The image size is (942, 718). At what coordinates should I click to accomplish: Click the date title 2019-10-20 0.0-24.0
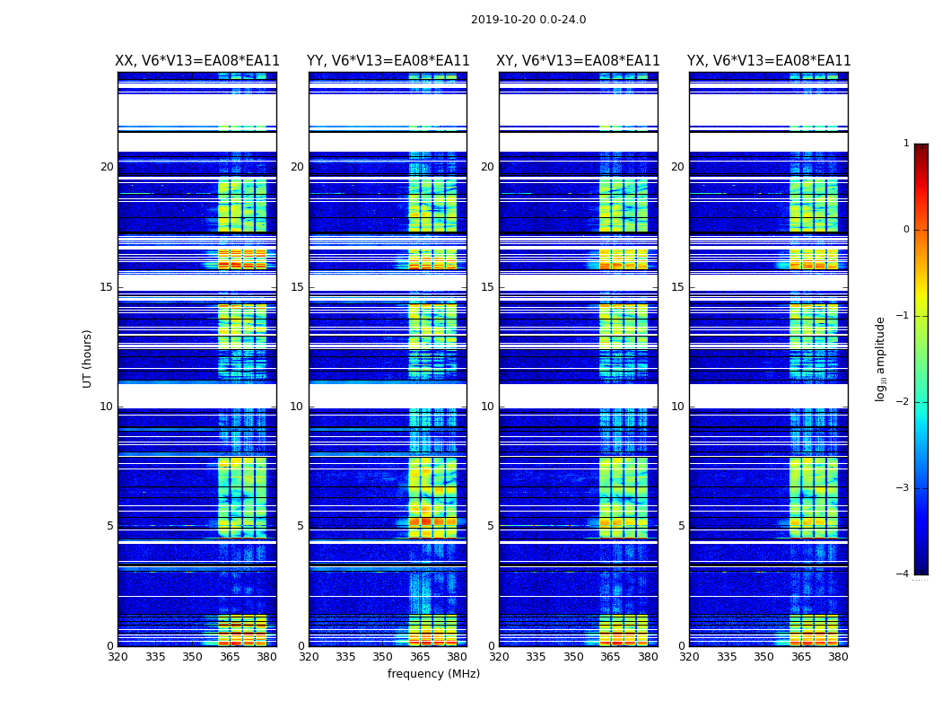(x=528, y=20)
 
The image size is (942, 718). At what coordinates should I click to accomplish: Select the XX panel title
(x=197, y=61)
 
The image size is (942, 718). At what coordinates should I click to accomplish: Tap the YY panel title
(x=388, y=61)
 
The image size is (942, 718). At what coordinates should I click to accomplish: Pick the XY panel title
(x=579, y=61)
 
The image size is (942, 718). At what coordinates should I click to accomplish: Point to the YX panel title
(x=769, y=61)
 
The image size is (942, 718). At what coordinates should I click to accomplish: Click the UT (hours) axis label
(x=88, y=358)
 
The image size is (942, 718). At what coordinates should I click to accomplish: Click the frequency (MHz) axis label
(x=433, y=674)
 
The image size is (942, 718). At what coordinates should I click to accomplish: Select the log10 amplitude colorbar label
(x=881, y=358)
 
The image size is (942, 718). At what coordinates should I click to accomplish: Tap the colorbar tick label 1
(x=906, y=144)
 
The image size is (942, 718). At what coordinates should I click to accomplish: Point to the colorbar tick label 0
(x=906, y=230)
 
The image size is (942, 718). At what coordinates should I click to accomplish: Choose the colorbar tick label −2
(x=903, y=402)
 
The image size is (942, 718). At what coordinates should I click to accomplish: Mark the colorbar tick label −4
(x=903, y=574)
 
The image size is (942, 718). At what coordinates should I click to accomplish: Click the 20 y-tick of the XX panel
(x=107, y=167)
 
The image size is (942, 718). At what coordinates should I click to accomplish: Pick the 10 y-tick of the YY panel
(x=297, y=407)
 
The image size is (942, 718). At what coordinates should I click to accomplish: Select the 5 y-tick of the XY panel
(x=491, y=526)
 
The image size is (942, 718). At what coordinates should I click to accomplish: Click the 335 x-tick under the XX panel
(x=155, y=657)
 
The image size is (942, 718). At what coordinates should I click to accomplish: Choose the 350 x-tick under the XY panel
(x=573, y=657)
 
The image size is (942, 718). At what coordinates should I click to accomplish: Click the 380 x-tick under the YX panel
(x=838, y=657)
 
